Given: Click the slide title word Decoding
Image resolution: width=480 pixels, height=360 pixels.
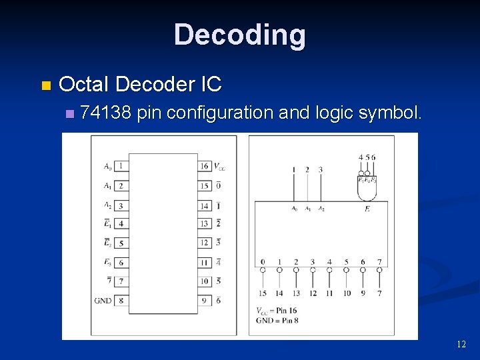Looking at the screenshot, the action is coord(239,35).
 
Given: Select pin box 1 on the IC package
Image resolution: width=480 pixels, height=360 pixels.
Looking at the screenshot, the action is coord(120,165).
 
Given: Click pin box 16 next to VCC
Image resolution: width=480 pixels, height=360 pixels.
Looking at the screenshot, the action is coord(204,165).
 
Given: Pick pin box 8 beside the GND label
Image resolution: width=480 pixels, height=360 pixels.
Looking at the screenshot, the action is coord(120,301).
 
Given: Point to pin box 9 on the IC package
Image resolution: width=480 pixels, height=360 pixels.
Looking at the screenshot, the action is coord(204,301).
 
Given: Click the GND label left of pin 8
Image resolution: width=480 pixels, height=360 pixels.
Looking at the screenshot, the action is coord(103,301).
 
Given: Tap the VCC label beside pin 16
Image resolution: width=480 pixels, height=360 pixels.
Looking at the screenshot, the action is coord(219,166).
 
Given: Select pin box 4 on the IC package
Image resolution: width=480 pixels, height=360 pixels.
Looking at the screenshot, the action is coord(120,223).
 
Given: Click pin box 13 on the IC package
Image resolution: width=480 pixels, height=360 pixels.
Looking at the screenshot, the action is coord(204,223).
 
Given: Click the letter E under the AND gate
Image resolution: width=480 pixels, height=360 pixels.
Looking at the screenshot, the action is coord(367,209).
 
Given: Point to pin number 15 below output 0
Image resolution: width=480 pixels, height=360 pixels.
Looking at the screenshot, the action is coord(263,293).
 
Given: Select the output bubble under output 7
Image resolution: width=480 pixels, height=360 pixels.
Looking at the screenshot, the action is coord(379,270).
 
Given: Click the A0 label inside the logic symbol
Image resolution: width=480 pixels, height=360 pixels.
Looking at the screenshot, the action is coord(294,209).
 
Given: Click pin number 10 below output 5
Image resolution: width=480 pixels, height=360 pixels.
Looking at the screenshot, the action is coord(347,293).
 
